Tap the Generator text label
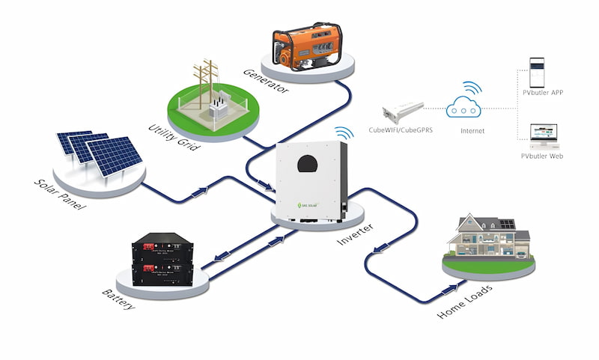[x=265, y=83]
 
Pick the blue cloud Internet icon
[x=462, y=109]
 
